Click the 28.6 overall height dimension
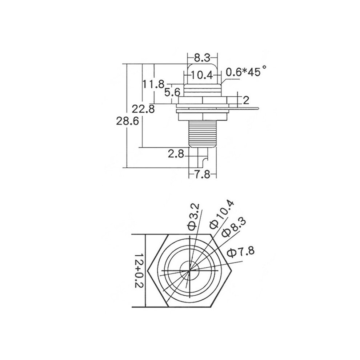[127, 121]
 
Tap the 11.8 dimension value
[153, 84]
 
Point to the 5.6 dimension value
[172, 92]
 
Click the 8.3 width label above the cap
[202, 58]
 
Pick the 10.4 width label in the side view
[202, 75]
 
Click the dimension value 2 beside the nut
[246, 100]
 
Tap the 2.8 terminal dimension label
[176, 154]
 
